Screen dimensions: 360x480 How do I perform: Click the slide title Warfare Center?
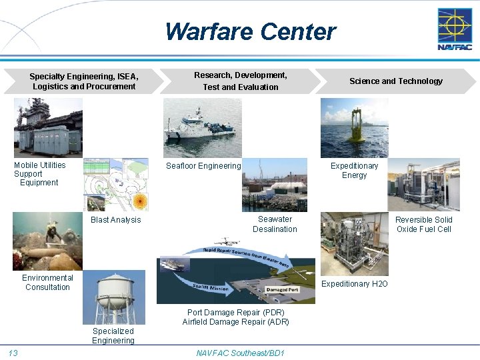pos(250,31)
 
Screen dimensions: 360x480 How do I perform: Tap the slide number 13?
pos(13,353)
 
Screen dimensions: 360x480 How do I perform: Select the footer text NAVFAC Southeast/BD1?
pos(240,353)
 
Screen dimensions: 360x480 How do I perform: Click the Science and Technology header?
pos(395,81)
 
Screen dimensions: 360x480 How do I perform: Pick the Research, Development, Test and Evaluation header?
pos(241,81)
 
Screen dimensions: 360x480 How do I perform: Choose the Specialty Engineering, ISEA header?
pos(84,81)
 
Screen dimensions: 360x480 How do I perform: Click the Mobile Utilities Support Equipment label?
pos(40,174)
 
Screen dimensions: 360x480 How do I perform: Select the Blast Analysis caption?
pos(116,220)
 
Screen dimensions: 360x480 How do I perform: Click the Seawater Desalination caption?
pos(275,224)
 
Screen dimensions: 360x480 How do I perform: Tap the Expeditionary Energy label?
pos(354,171)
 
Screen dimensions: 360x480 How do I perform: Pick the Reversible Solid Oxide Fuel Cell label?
pos(423,225)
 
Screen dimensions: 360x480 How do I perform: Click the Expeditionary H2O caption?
pos(355,284)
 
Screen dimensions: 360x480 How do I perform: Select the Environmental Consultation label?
pos(47,283)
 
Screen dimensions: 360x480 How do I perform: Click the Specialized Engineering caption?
pos(113,336)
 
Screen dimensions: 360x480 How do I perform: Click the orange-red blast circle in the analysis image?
pos(139,201)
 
